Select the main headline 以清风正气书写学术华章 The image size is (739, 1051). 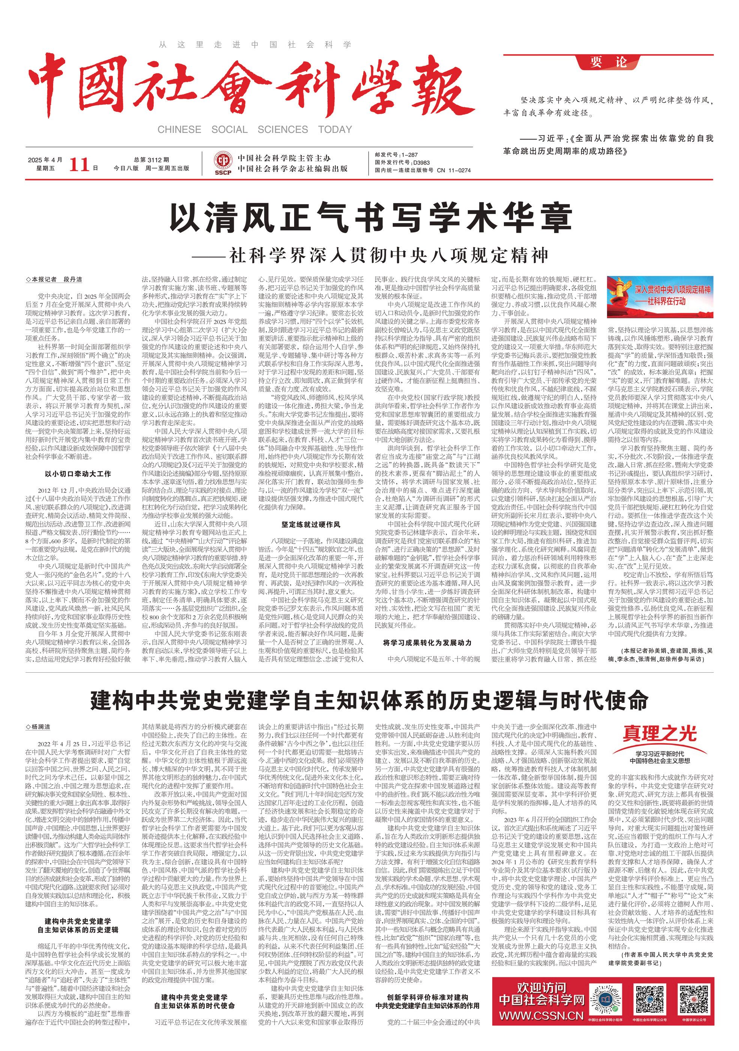click(371, 219)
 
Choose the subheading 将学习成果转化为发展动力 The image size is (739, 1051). click(427, 643)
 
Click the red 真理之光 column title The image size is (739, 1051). click(659, 735)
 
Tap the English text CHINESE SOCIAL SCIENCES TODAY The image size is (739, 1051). click(254, 129)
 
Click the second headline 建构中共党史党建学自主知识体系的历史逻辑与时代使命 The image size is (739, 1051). click(369, 700)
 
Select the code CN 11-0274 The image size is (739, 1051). click(454, 170)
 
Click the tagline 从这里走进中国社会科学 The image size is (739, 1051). click(255, 45)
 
